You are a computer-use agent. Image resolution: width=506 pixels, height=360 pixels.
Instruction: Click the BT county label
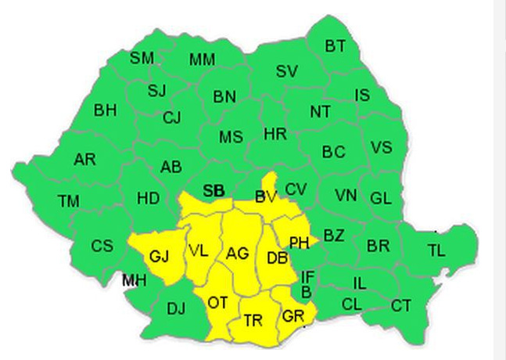click(x=335, y=47)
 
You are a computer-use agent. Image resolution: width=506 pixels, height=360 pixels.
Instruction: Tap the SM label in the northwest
click(x=142, y=58)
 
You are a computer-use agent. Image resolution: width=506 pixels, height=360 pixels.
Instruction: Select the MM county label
click(x=202, y=60)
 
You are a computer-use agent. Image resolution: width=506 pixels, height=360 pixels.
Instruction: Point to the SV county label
click(x=287, y=72)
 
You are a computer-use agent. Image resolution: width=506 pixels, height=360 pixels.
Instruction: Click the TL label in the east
click(x=436, y=250)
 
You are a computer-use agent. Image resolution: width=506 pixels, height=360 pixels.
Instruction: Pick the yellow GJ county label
click(x=159, y=257)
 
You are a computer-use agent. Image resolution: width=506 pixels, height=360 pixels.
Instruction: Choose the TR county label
click(x=253, y=321)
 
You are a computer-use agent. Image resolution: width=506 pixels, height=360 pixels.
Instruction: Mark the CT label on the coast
click(x=401, y=305)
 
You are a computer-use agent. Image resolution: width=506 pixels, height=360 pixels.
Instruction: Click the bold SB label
click(x=214, y=191)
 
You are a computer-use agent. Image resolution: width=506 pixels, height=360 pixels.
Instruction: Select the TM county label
click(x=68, y=202)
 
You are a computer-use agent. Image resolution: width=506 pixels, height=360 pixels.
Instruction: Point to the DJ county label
click(x=177, y=308)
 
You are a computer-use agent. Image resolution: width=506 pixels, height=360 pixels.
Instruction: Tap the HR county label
click(x=275, y=135)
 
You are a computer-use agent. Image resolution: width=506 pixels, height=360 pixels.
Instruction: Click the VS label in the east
click(x=381, y=148)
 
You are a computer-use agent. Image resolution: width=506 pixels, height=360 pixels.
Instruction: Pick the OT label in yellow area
click(x=218, y=302)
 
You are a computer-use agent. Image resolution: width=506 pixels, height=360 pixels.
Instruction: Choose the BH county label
click(x=105, y=110)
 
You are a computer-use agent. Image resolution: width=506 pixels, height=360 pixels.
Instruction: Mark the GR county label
click(x=293, y=316)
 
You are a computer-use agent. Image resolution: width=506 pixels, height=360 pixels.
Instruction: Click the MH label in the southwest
click(x=134, y=280)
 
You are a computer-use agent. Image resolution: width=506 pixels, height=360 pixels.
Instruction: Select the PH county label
click(x=299, y=243)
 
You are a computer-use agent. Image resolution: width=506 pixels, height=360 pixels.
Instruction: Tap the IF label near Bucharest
click(x=308, y=276)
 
